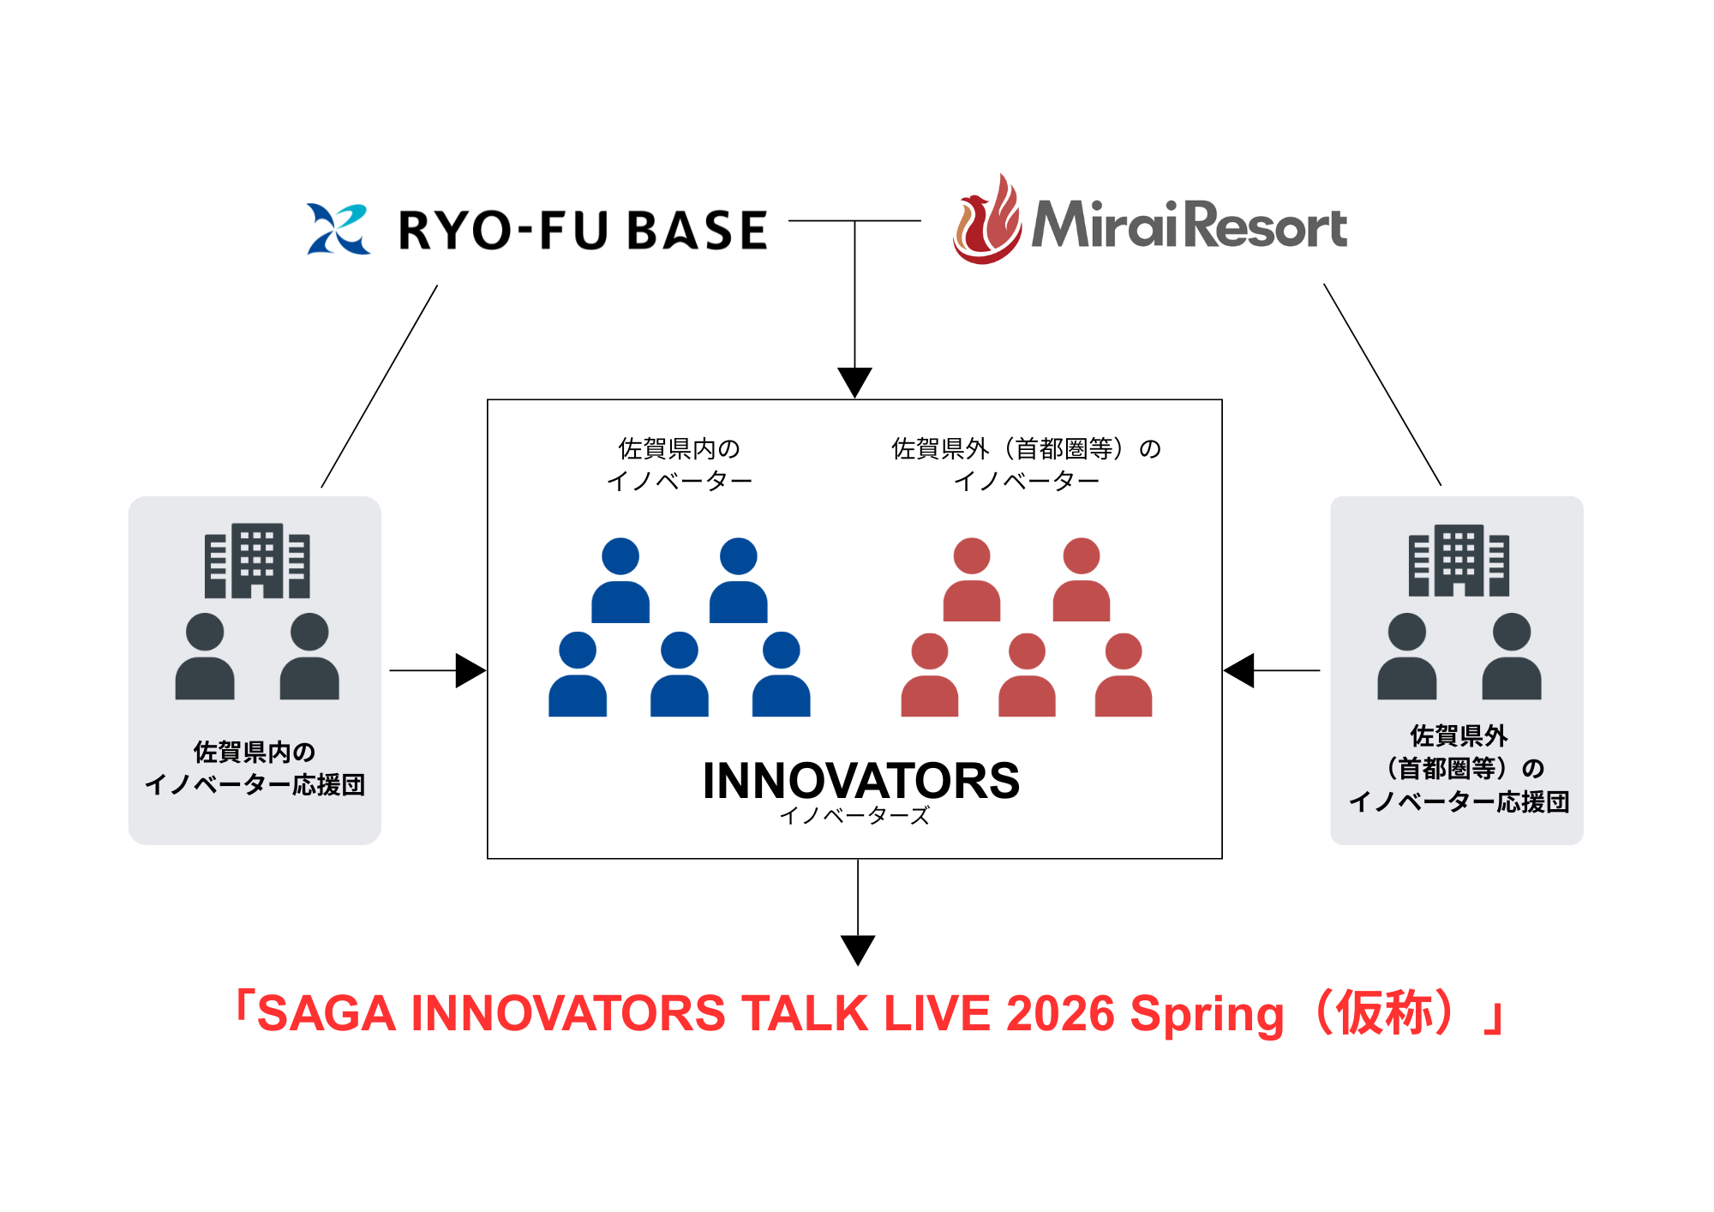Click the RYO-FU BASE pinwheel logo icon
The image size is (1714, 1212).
pos(339,229)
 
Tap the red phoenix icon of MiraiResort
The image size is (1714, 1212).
pos(987,219)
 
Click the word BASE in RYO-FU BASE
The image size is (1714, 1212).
pos(698,231)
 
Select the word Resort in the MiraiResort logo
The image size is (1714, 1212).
pos(1268,225)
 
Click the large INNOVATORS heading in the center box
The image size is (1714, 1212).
pos(861,781)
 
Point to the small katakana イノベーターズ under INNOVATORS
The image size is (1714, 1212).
pos(854,816)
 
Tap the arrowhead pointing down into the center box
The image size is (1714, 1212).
pos(854,382)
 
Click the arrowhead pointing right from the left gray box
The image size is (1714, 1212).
pos(470,670)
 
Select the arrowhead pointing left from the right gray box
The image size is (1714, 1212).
pos(1238,670)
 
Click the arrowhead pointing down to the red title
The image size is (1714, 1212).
pos(858,951)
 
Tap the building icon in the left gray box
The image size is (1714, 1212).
pos(257,561)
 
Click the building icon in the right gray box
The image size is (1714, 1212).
pos(1459,561)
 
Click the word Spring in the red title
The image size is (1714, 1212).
pos(1208,1017)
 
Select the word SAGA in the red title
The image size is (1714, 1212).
pos(327,1013)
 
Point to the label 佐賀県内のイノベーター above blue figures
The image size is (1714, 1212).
pos(680,465)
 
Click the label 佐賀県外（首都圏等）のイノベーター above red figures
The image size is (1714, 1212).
pos(1027,465)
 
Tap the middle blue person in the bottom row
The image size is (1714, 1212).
pos(680,675)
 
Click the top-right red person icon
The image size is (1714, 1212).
pos(1082,579)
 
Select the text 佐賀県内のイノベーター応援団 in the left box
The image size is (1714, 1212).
pos(255,769)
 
